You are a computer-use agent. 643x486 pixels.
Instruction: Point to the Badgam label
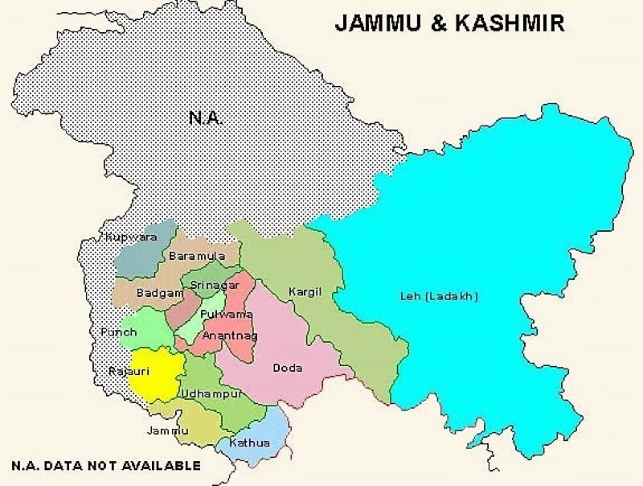[160, 293]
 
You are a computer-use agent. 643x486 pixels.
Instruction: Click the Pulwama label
[226, 314]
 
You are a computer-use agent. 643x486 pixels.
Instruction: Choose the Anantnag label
[225, 334]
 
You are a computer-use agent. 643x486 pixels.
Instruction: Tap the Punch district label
[118, 331]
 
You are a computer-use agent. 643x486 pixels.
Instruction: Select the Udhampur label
[211, 393]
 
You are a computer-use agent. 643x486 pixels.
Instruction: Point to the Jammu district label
[168, 430]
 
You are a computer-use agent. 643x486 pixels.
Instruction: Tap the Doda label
[288, 368]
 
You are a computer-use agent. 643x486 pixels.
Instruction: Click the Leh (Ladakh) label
[439, 296]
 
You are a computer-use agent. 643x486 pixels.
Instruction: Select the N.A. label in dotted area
[206, 117]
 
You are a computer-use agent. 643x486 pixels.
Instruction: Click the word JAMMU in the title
[378, 23]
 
